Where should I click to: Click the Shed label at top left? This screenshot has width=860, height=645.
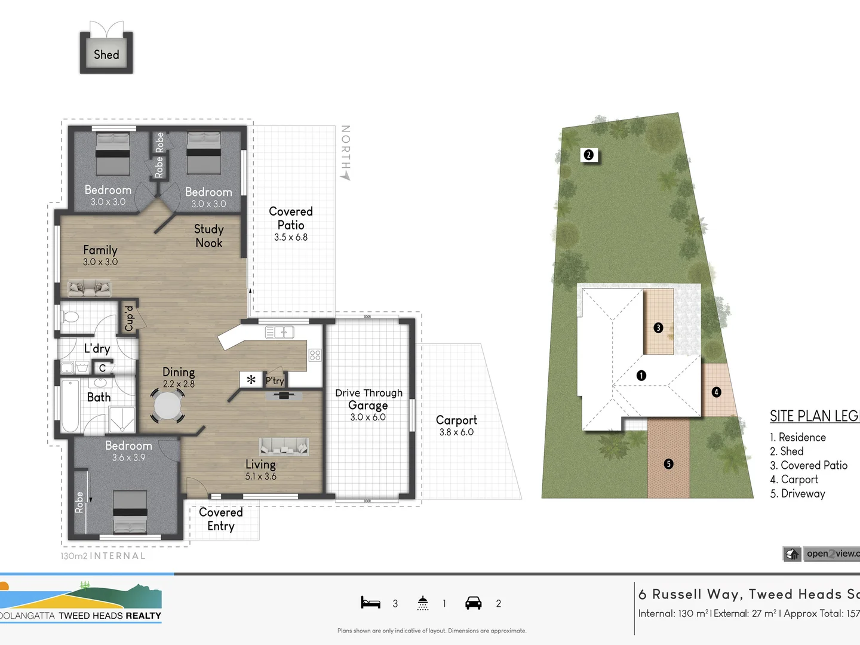(106, 54)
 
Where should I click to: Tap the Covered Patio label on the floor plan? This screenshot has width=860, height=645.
(291, 219)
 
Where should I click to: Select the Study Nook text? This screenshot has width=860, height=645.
(208, 236)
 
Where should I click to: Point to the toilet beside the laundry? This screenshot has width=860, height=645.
(70, 317)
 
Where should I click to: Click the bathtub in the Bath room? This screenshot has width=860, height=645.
(70, 406)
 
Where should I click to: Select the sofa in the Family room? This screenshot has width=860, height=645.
(89, 288)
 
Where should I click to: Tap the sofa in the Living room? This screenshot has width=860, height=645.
(284, 446)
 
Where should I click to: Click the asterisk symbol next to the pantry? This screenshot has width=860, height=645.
(251, 380)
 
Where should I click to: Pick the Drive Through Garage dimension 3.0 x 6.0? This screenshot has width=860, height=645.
(368, 417)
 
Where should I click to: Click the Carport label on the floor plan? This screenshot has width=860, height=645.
(456, 420)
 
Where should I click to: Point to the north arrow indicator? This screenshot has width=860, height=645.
(346, 153)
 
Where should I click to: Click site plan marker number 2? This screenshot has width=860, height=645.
(588, 155)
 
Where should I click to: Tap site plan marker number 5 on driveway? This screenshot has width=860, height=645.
(668, 464)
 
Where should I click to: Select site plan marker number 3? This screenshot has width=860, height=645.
(658, 327)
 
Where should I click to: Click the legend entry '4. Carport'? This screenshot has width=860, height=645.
(794, 480)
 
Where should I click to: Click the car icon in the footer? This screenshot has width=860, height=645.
(473, 603)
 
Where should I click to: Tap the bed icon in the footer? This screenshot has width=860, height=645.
(370, 603)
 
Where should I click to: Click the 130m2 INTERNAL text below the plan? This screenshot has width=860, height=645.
(103, 556)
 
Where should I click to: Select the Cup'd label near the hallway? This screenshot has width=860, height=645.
(129, 318)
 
